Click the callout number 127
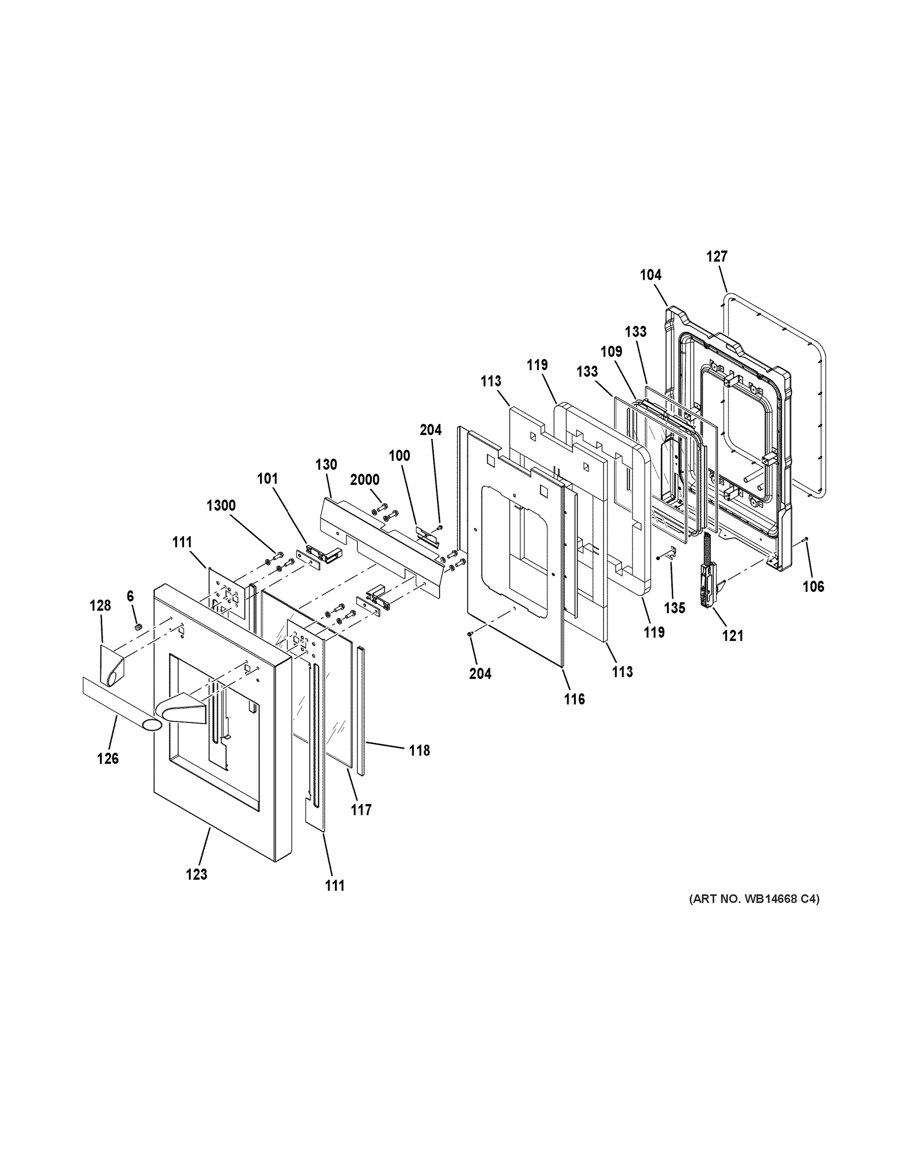(x=716, y=256)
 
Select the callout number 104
(x=650, y=275)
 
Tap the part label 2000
(x=365, y=480)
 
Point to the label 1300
(x=221, y=506)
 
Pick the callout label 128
(x=100, y=605)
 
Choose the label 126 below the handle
(x=108, y=758)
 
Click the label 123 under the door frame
(x=196, y=874)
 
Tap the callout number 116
(x=574, y=699)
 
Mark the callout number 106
(x=813, y=586)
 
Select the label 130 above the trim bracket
(x=326, y=465)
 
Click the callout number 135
(x=674, y=608)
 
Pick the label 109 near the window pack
(x=611, y=352)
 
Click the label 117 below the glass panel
(x=361, y=811)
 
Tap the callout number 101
(x=267, y=478)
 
